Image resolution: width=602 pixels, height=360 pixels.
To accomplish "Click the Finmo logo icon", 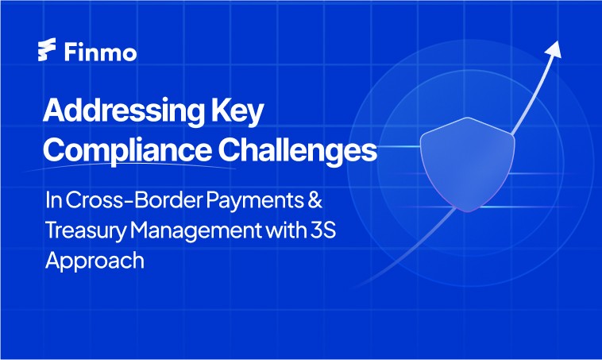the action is point(47,49).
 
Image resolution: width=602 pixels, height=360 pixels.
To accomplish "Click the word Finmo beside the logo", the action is point(100,52).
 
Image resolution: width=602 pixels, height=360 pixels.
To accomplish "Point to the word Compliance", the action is point(127,150).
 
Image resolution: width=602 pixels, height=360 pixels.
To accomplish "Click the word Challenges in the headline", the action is point(298,150).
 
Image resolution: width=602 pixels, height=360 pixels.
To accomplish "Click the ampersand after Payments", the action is point(315,199).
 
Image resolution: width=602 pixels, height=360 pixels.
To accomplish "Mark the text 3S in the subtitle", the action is point(322,230).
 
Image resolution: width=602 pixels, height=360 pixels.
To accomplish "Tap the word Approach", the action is point(95,261).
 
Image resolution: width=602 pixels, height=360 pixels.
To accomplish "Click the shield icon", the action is point(467,164).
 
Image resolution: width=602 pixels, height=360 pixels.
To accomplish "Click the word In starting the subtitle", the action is point(53,199).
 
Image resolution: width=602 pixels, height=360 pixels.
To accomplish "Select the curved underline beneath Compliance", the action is point(130,166).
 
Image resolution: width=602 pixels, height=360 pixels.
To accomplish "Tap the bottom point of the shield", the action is point(468,212).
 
